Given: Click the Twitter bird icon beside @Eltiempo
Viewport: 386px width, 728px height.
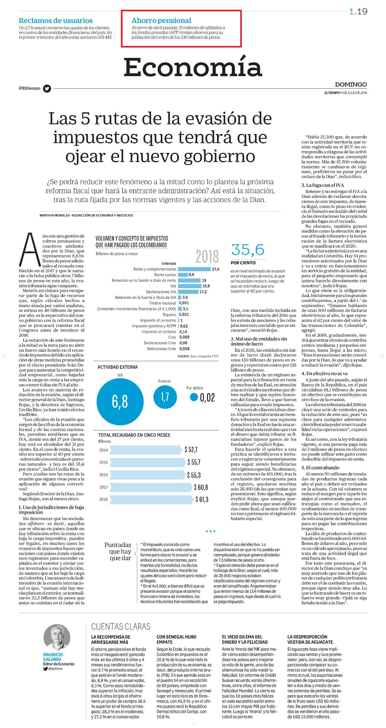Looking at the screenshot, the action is click(x=47, y=88).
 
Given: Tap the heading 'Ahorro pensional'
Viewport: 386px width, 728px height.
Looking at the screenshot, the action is click(x=161, y=20).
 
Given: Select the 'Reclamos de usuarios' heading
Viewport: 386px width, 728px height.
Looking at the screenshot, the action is click(x=56, y=21).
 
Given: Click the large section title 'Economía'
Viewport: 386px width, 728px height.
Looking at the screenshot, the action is click(x=193, y=67).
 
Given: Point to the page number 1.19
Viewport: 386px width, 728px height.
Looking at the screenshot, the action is click(x=358, y=12).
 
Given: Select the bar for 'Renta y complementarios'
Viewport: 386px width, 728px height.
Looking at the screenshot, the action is click(x=194, y=269).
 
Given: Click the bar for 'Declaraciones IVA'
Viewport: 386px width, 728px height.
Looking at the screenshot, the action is click(x=188, y=292).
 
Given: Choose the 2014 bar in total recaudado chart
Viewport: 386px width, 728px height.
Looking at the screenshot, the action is click(x=146, y=450).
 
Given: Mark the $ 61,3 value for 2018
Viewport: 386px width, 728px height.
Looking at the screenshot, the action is click(x=202, y=499).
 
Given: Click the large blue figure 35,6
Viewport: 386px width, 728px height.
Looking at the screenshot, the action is click(x=248, y=250).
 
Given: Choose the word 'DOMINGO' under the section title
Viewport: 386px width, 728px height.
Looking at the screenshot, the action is click(x=351, y=84).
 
